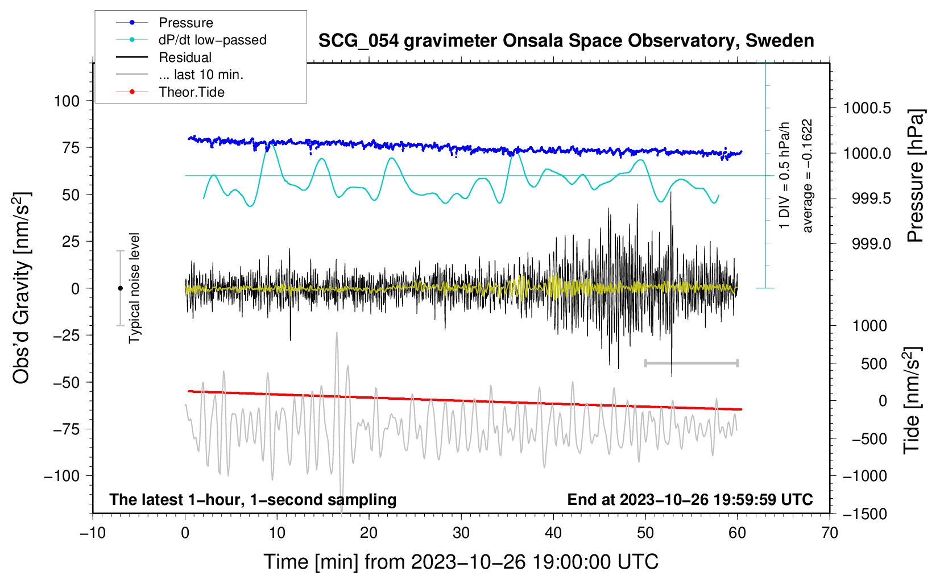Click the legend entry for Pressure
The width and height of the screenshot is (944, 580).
click(x=164, y=22)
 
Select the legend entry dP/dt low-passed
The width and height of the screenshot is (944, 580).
click(x=191, y=40)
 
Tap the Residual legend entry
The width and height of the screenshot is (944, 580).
click(x=164, y=57)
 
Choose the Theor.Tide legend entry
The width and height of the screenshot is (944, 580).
click(x=170, y=92)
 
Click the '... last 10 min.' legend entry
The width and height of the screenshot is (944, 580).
click(x=180, y=74)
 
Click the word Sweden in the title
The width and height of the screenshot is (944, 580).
click(x=780, y=40)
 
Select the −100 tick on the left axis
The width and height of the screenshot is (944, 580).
click(x=62, y=476)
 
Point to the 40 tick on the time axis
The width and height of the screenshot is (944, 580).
click(x=553, y=533)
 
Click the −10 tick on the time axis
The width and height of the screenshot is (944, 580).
click(x=93, y=533)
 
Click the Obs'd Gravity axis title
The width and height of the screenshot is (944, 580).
click(x=21, y=288)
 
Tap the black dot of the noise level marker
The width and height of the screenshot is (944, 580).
click(x=120, y=288)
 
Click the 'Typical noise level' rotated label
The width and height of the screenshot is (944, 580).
click(x=134, y=288)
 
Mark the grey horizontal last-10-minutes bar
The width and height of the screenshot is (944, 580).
click(x=692, y=363)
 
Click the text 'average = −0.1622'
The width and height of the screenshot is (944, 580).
click(x=806, y=176)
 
